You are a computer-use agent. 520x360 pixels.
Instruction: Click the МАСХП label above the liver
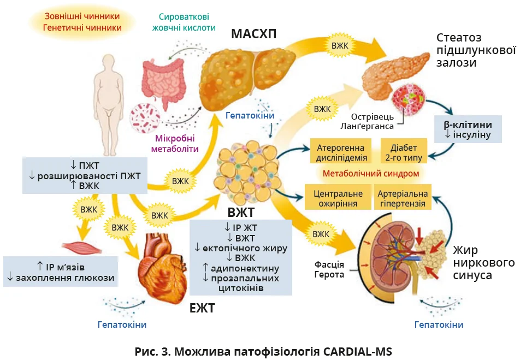[x=253, y=34]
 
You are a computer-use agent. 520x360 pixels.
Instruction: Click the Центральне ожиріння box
[x=338, y=198]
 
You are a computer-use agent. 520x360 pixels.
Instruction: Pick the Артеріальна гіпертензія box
[x=403, y=198]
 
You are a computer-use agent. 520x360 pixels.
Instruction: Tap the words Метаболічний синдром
[x=371, y=174]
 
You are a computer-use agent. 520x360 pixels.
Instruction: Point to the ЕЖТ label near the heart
[x=202, y=308]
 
